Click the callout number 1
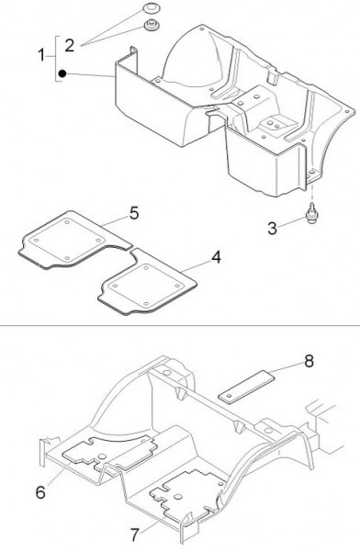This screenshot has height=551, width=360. (x=41, y=55)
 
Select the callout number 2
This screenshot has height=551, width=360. (x=70, y=46)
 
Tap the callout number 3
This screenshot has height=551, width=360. (x=273, y=229)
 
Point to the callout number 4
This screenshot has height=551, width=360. (x=216, y=257)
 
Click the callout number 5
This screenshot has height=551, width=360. (x=134, y=213)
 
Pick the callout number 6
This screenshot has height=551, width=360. (x=40, y=492)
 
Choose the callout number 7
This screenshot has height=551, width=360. (x=135, y=535)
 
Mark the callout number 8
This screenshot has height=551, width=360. (x=309, y=361)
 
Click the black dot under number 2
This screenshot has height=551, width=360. (x=62, y=73)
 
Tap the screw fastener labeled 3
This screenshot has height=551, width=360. (x=310, y=215)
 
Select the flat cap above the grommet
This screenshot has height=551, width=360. (x=152, y=8)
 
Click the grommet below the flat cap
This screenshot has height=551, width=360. (x=152, y=26)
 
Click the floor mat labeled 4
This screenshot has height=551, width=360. (x=148, y=281)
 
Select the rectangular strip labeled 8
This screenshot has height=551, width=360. (x=246, y=386)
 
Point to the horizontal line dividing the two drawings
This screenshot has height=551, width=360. (x=180, y=325)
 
